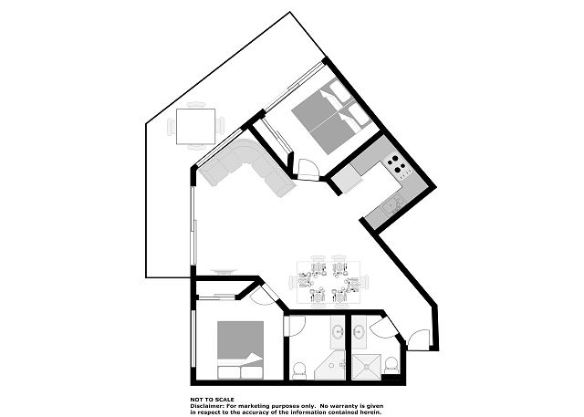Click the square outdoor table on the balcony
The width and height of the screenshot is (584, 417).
(x=195, y=127)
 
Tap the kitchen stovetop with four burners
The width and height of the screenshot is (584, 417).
(x=397, y=166)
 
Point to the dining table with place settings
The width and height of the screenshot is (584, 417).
(x=328, y=282)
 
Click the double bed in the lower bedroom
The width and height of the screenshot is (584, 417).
(x=240, y=350)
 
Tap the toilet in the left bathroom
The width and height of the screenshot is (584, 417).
(x=299, y=370)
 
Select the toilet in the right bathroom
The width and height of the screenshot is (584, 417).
(x=391, y=365)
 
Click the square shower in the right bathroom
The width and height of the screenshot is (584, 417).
(x=367, y=367)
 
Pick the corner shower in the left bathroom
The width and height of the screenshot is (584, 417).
(x=330, y=365)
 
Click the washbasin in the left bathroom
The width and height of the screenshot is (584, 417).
(x=338, y=330)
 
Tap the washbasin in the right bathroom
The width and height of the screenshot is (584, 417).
(x=359, y=330)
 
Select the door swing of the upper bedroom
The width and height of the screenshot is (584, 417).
(x=308, y=170)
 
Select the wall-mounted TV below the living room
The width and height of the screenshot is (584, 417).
(x=224, y=271)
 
